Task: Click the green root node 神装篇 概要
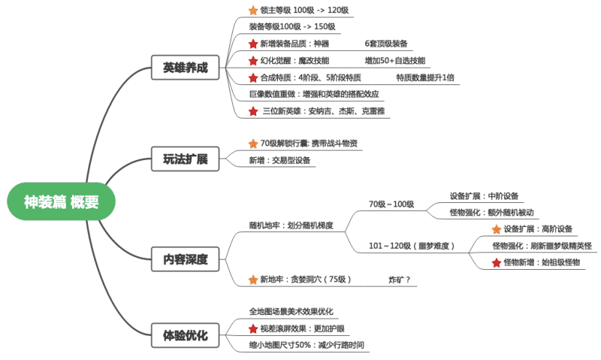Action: (x=61, y=201)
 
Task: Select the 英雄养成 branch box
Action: (x=186, y=69)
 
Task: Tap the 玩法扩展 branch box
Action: (x=186, y=159)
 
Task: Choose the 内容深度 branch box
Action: (x=186, y=258)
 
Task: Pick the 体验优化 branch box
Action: (x=186, y=336)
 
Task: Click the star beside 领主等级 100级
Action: (x=253, y=10)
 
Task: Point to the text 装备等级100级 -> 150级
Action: (x=292, y=26)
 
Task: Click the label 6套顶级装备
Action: (x=386, y=44)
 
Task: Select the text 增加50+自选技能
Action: (x=395, y=60)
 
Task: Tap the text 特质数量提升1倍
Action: (x=426, y=77)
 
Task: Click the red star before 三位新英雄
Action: (x=253, y=111)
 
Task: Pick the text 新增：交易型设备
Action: (x=279, y=160)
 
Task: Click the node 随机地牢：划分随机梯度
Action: (x=291, y=225)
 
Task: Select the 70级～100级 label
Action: (x=391, y=204)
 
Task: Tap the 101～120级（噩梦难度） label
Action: (x=412, y=246)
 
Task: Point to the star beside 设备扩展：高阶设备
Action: (x=496, y=228)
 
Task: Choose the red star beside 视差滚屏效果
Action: (x=253, y=328)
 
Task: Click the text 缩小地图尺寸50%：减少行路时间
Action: (x=306, y=345)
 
